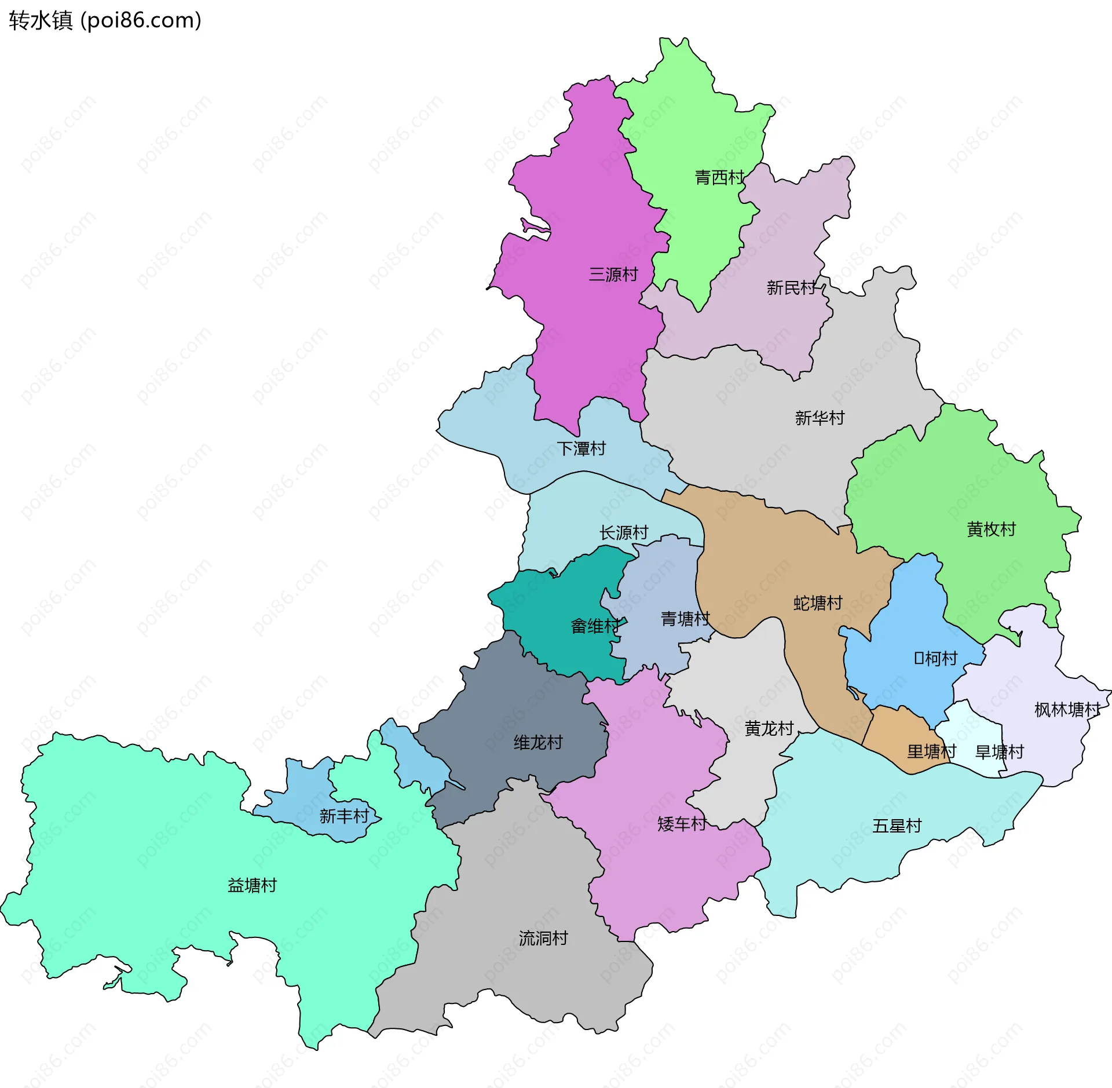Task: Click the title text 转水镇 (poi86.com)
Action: [x=105, y=21]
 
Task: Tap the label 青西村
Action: [x=719, y=177]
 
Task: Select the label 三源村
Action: [x=613, y=274]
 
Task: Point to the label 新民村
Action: [x=791, y=287]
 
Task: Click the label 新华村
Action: [x=820, y=418]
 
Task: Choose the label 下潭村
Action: [x=581, y=448]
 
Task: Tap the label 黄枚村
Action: [x=991, y=529]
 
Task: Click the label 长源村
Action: [x=624, y=532]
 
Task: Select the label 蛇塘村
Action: [x=818, y=603]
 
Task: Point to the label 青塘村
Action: [x=685, y=619]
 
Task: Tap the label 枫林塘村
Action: [x=1067, y=710]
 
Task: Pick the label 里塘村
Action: [x=931, y=751]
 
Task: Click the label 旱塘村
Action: [x=1000, y=752]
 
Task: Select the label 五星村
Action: [x=897, y=826]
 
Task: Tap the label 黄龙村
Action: [x=769, y=728]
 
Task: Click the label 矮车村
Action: [x=682, y=824]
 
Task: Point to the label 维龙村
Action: [x=538, y=742]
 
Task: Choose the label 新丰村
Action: [x=344, y=816]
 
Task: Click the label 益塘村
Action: [x=252, y=885]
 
